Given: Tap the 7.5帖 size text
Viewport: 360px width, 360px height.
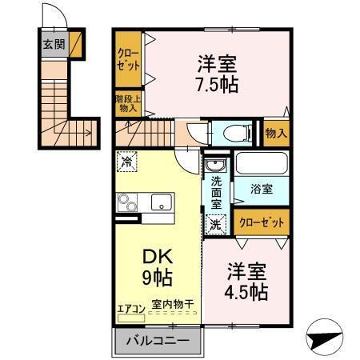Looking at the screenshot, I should (x=217, y=84).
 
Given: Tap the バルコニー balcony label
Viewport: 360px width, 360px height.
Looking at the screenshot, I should (x=158, y=341).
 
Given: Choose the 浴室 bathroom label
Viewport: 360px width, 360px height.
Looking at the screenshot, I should (x=262, y=190).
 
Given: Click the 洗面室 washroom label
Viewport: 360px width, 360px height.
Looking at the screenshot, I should (x=216, y=192).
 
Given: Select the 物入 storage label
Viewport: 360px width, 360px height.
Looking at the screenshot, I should (x=275, y=132).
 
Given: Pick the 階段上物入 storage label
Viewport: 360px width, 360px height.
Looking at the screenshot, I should (x=128, y=103).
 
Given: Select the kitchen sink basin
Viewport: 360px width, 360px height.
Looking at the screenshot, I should (x=160, y=203).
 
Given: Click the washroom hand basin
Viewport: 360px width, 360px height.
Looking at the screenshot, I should (x=215, y=166).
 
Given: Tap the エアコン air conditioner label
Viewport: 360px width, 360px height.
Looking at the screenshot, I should (x=130, y=308).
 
